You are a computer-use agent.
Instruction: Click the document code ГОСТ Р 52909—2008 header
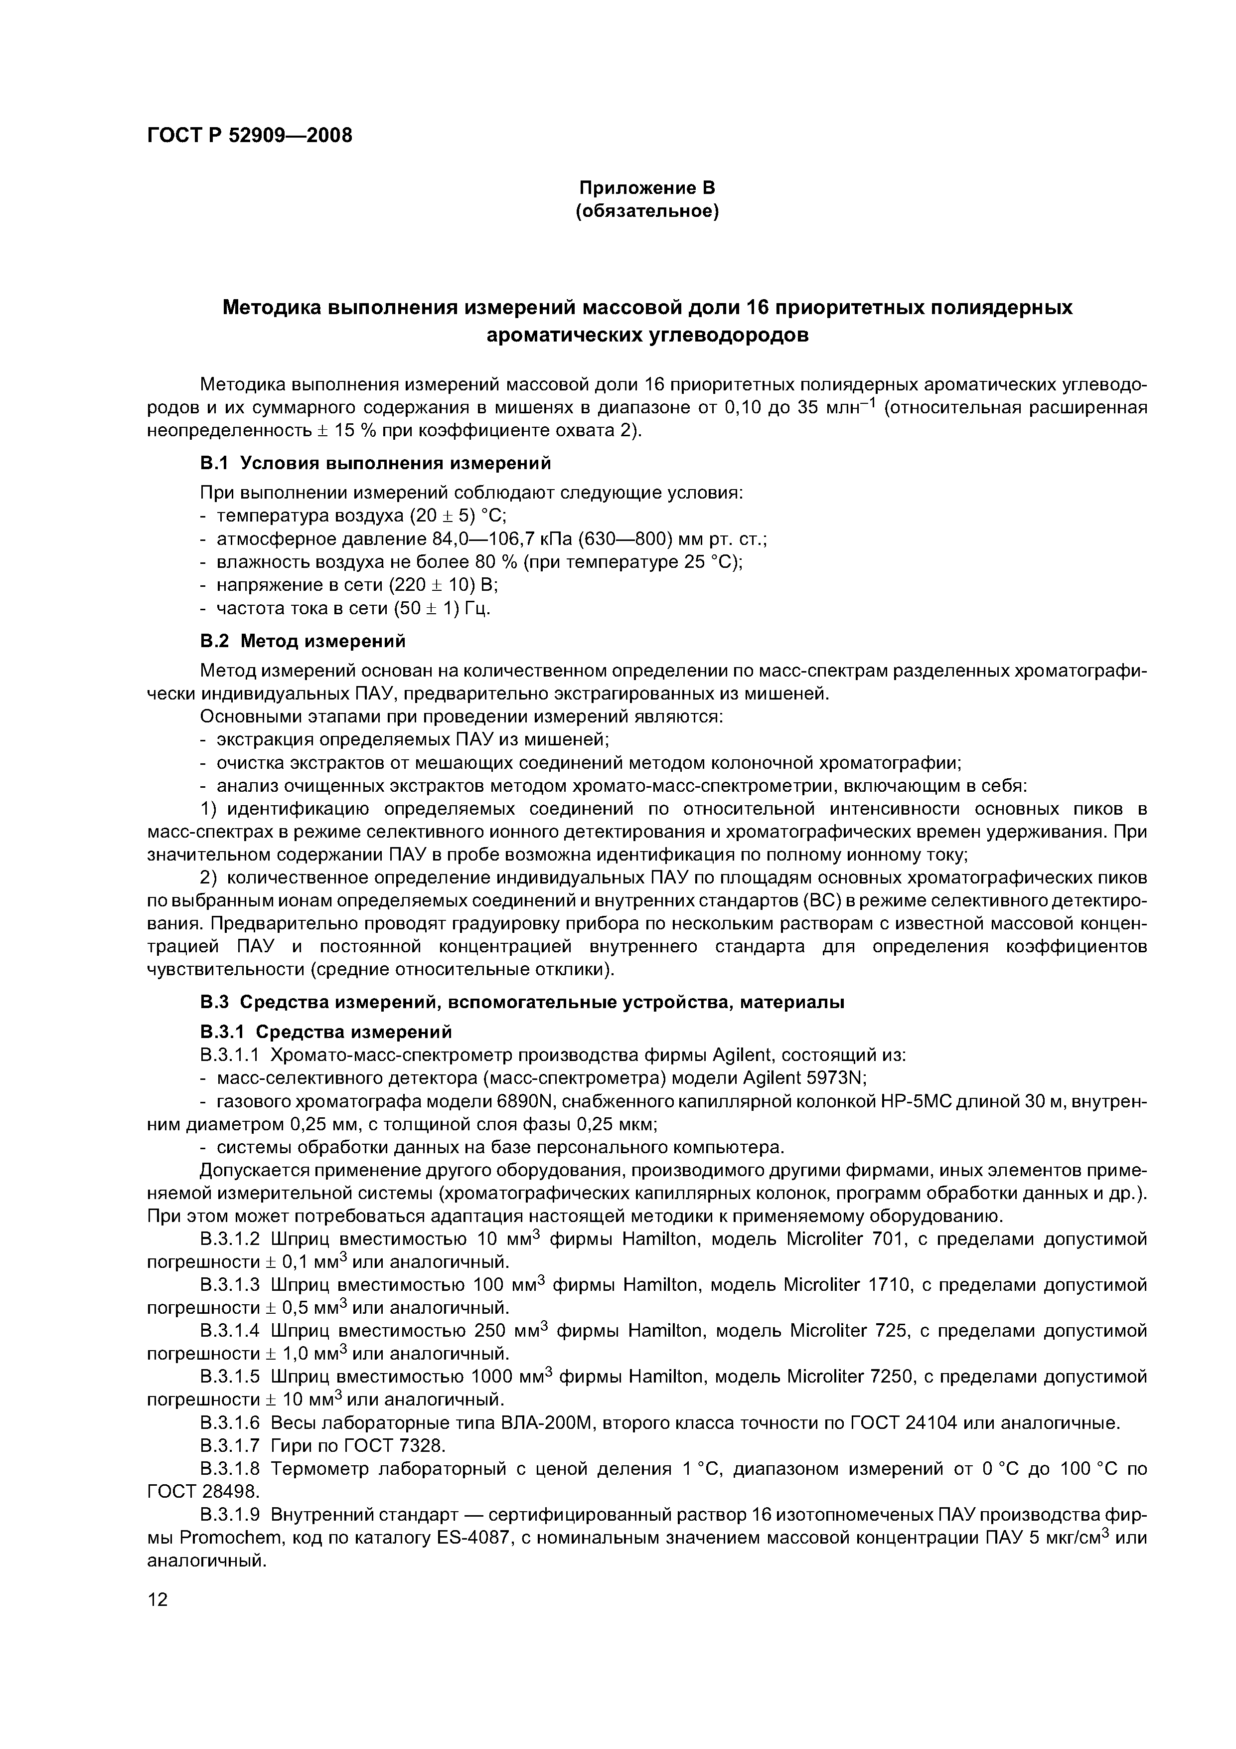coord(249,136)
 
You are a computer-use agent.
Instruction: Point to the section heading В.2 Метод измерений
coord(303,641)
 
